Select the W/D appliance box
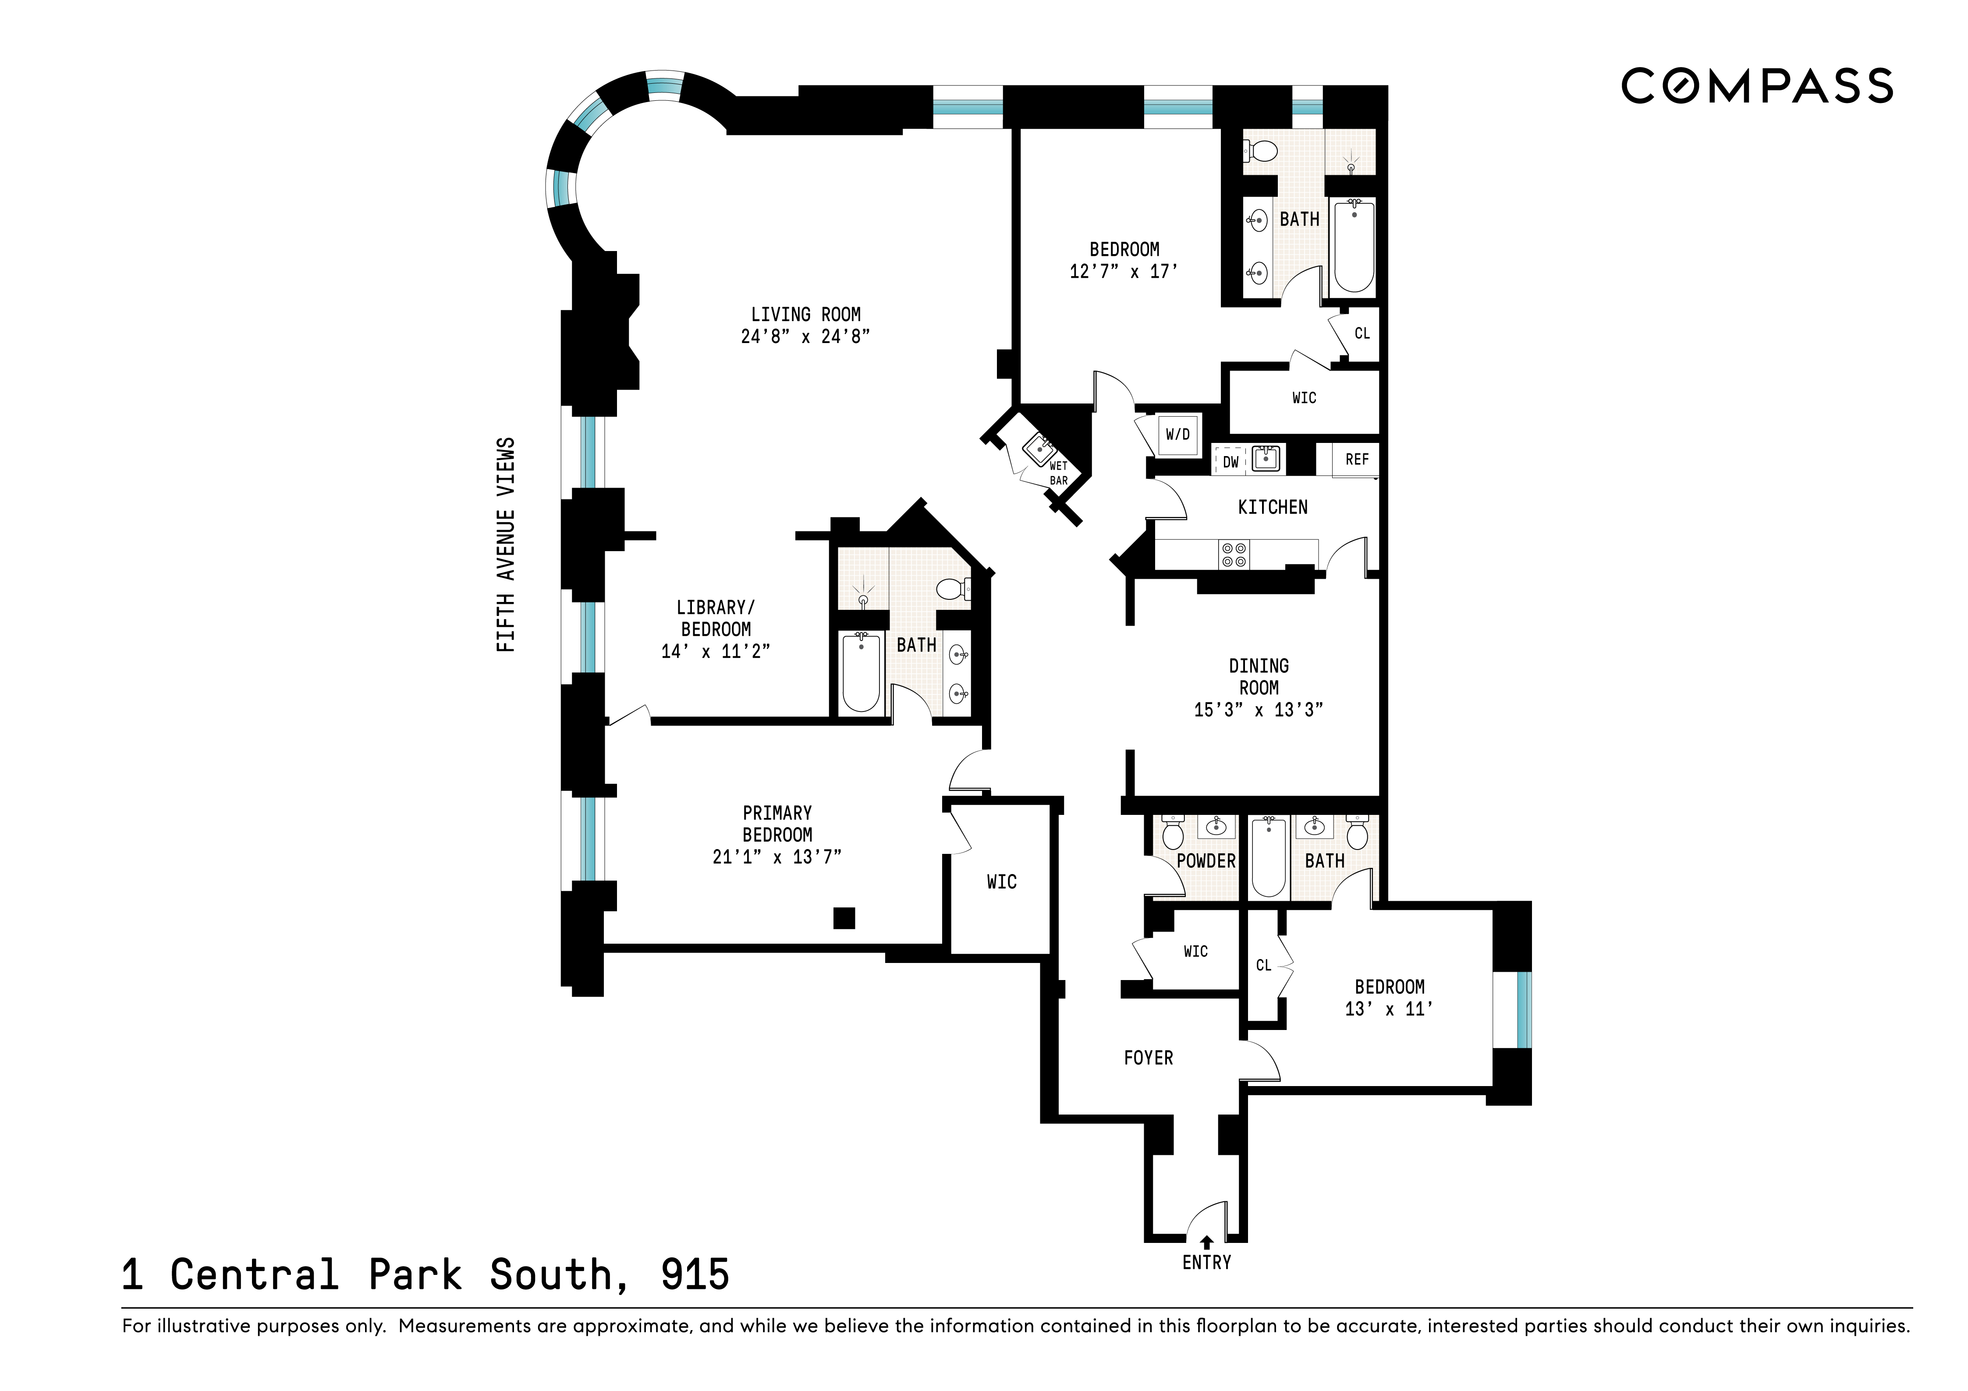(x=1178, y=435)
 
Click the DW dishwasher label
(x=1231, y=462)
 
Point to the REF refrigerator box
(x=1356, y=460)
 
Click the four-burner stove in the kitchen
(x=1234, y=555)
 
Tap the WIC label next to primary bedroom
(x=1001, y=882)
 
